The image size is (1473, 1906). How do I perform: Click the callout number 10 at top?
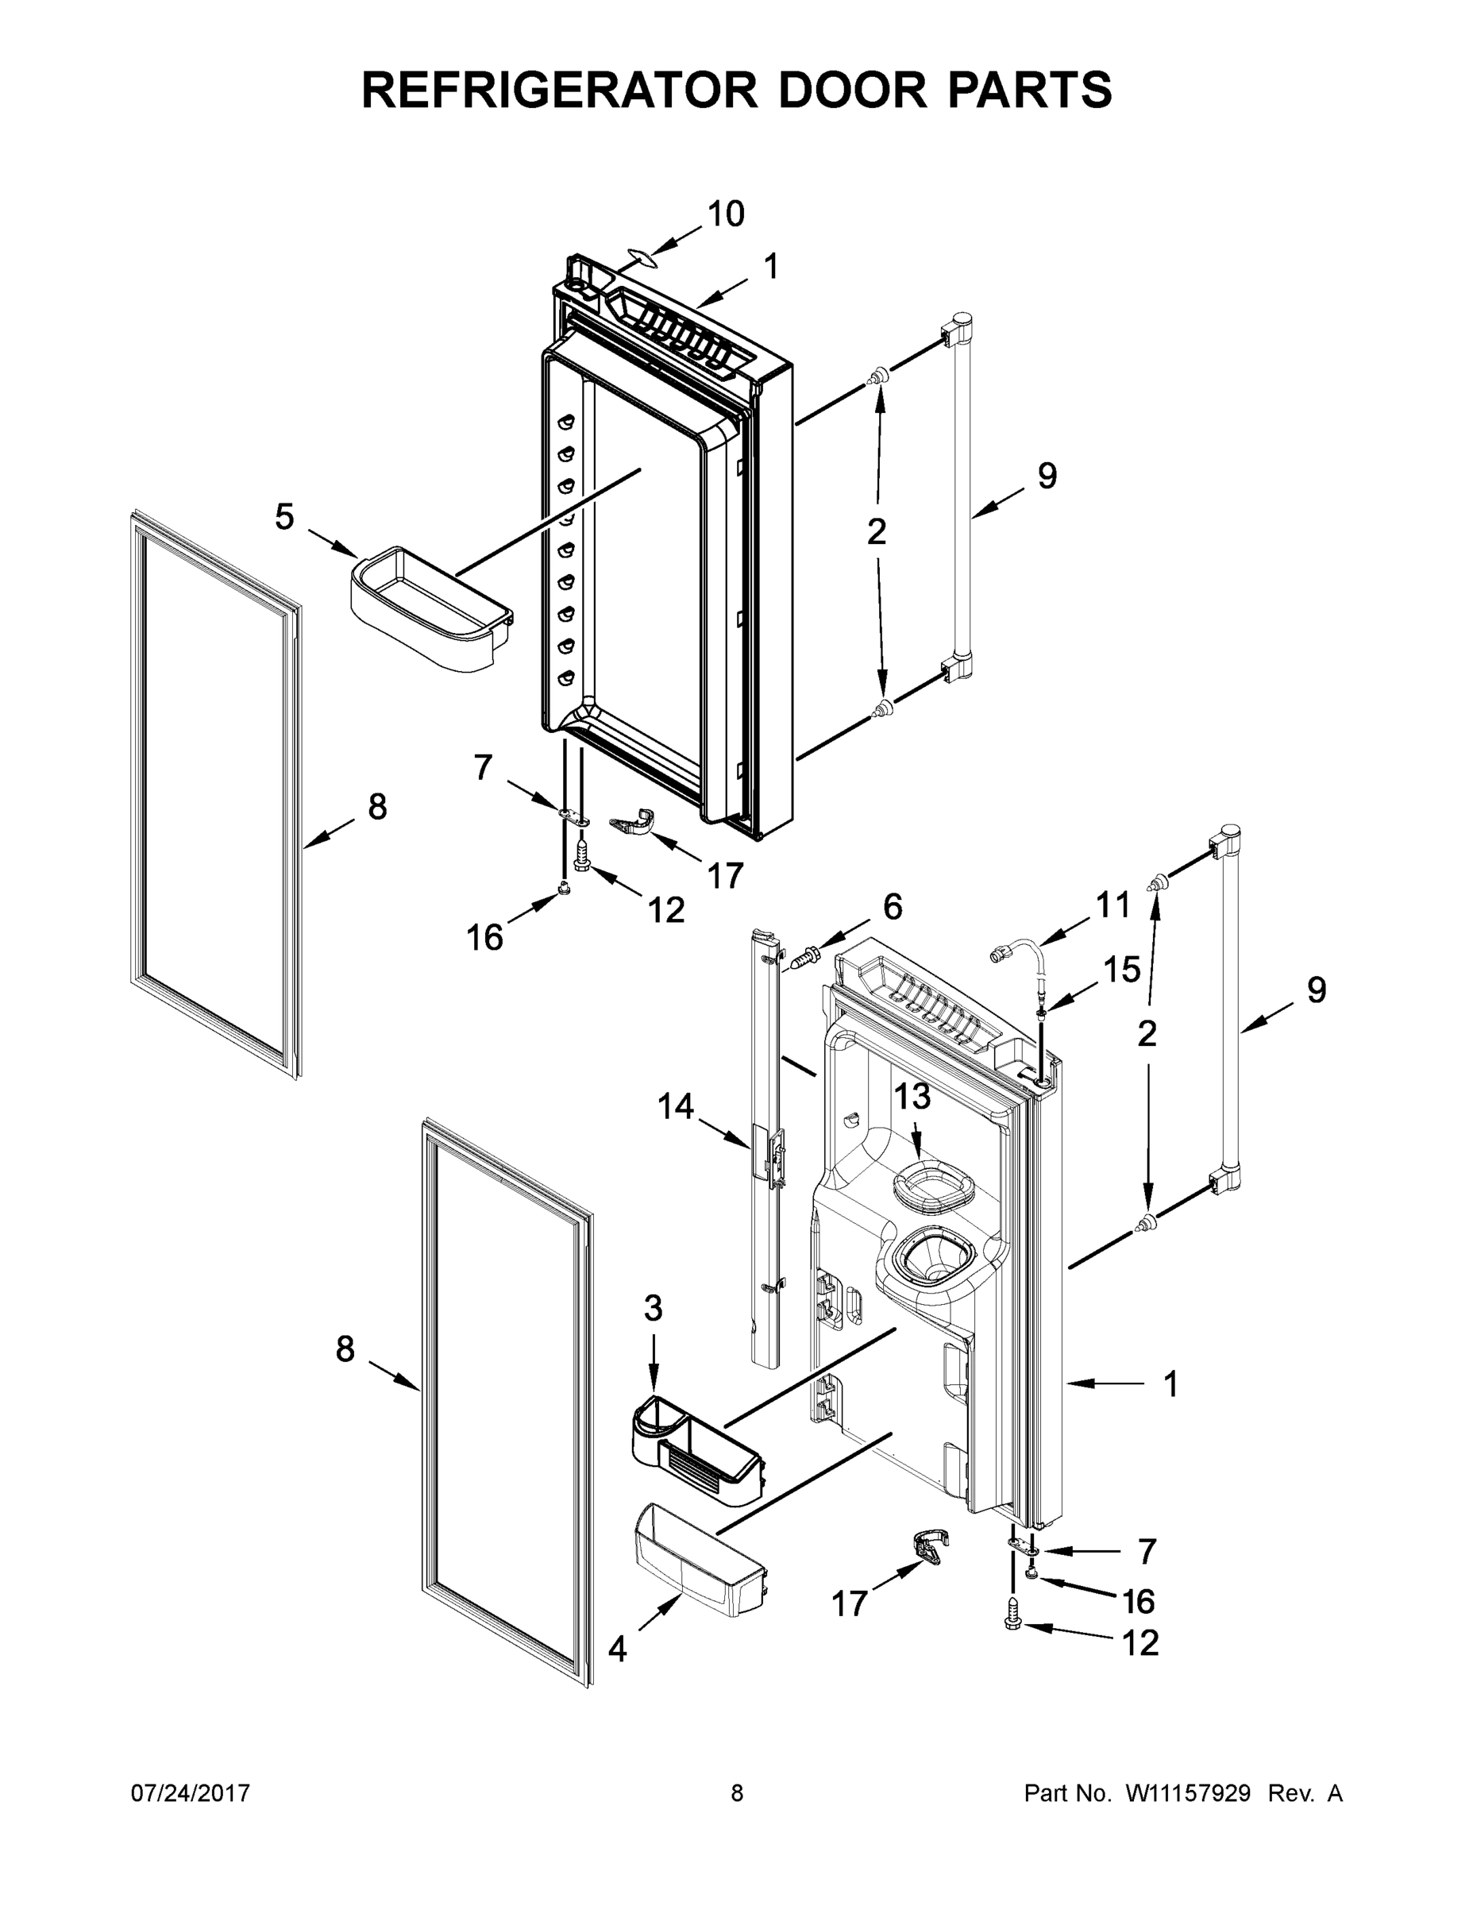point(725,214)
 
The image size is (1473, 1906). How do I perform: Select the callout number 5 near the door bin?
point(284,518)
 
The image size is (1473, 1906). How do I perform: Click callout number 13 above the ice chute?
point(912,1096)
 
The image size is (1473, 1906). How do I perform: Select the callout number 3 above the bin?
point(653,1308)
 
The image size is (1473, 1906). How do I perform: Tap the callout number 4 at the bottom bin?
point(617,1649)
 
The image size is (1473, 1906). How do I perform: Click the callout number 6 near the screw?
point(893,907)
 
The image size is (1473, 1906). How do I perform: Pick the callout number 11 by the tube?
point(1112,906)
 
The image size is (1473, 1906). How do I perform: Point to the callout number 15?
point(1121,969)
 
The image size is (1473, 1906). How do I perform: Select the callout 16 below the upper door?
point(484,937)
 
